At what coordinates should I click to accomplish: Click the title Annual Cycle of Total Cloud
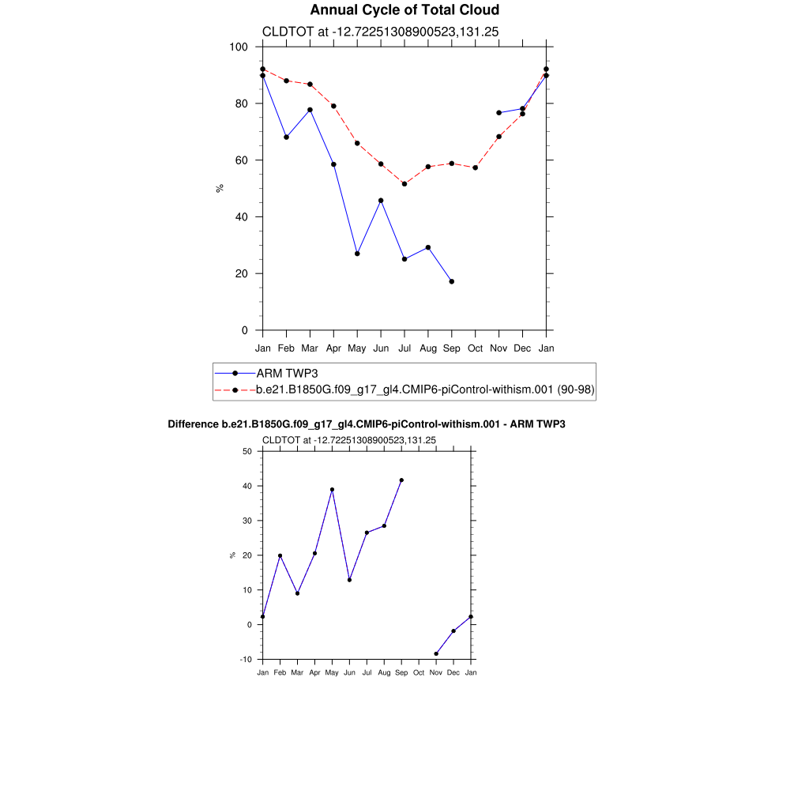click(404, 10)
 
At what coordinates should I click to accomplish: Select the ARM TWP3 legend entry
click(286, 373)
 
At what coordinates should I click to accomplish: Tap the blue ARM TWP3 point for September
click(452, 282)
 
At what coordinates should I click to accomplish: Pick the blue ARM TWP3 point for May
click(357, 254)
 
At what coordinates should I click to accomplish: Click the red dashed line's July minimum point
click(404, 184)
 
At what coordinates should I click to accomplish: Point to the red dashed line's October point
click(476, 167)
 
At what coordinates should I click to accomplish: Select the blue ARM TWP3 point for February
click(286, 137)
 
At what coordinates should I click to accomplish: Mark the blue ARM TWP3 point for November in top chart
click(499, 113)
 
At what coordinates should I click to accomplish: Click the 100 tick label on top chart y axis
click(239, 47)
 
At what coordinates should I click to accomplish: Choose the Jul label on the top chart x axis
click(404, 348)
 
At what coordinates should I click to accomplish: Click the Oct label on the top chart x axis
click(476, 348)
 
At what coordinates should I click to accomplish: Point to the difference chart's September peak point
click(401, 480)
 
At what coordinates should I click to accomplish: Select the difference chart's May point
click(332, 490)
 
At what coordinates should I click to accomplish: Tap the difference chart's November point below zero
click(436, 654)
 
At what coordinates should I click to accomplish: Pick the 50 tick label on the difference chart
click(246, 452)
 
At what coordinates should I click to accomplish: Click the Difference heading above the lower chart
click(367, 424)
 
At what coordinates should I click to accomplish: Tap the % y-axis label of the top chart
click(220, 188)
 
